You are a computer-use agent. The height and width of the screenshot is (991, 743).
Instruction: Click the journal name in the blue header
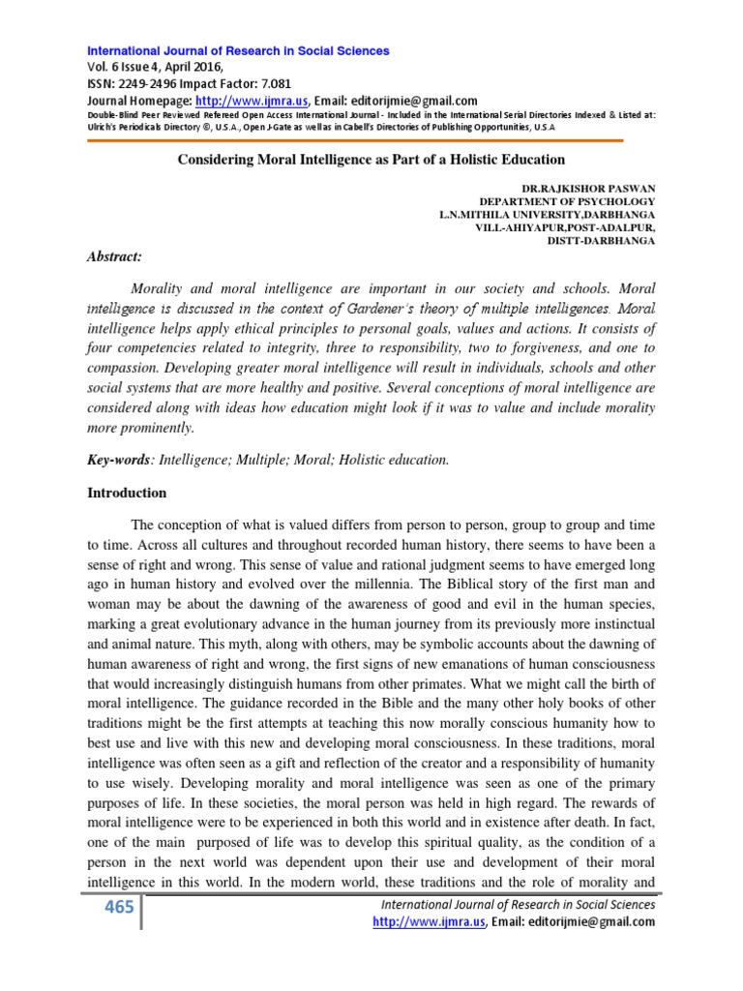pyautogui.click(x=239, y=50)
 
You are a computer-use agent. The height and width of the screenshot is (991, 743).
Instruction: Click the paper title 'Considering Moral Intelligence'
pyautogui.click(x=371, y=158)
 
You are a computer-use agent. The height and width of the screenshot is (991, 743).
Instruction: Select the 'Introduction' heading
pyautogui.click(x=128, y=493)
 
